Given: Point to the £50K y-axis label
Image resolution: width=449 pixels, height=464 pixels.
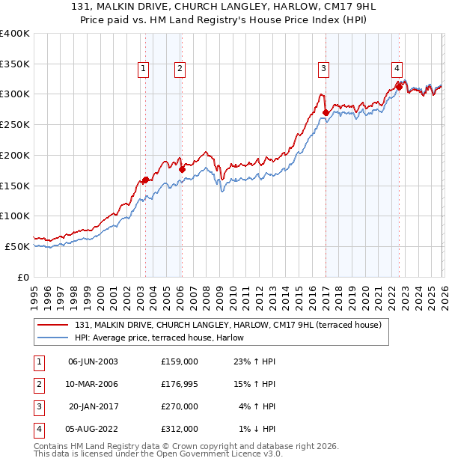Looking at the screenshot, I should (x=17, y=246).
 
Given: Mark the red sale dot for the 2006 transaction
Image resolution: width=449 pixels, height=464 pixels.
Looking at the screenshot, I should (x=182, y=169).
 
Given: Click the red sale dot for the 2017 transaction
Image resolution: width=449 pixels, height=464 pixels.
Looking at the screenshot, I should (x=326, y=113).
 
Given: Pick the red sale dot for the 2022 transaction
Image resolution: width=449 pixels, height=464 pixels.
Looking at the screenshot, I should (x=399, y=87).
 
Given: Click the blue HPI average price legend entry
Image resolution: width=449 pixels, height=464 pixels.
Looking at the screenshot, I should (x=165, y=338).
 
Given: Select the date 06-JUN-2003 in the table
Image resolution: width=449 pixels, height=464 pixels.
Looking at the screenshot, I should (x=93, y=361).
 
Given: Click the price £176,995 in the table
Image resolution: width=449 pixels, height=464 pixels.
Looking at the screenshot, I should (x=179, y=384).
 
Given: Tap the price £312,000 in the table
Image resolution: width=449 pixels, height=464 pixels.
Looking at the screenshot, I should (x=179, y=430).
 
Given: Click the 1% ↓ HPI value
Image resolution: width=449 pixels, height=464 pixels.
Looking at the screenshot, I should (x=257, y=430).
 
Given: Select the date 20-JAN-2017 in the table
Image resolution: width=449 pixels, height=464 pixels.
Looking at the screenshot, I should (x=93, y=406).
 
